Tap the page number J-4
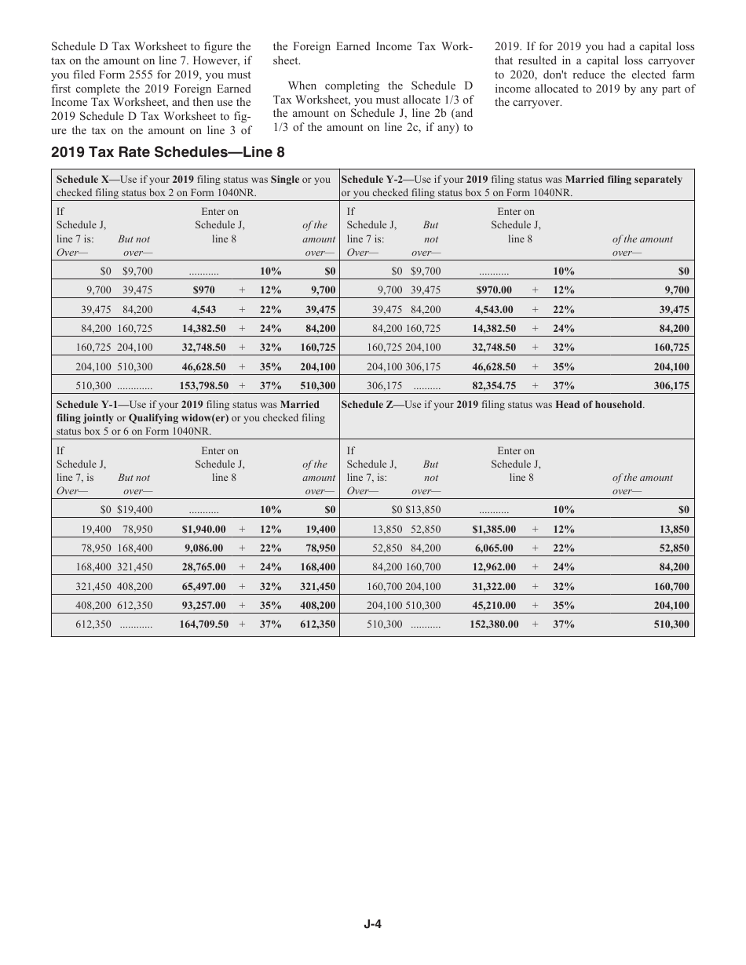[372, 924]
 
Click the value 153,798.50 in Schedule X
[204, 386]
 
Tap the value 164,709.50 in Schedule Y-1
[204, 625]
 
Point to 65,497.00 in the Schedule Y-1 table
[204, 586]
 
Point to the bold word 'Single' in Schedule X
[285, 180]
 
